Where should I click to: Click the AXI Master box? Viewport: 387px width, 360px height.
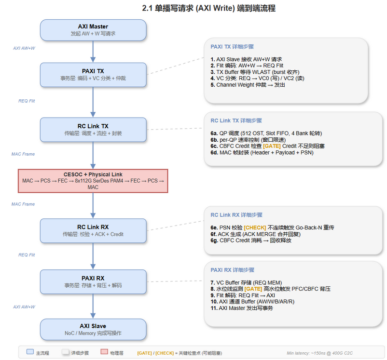93,30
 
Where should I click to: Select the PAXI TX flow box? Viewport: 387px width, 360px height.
93,74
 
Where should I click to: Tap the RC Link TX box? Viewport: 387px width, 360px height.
93,130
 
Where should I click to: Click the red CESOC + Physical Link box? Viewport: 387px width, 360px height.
93,181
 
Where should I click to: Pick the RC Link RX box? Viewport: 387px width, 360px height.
93,230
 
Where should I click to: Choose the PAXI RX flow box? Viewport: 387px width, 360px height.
93,281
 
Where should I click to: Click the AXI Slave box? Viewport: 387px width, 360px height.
93,329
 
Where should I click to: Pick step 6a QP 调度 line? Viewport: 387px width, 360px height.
266,133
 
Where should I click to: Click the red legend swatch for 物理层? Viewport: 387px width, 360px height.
104,353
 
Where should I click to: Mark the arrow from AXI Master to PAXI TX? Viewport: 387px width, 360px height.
93,51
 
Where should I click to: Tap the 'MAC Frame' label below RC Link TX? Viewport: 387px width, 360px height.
23,154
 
